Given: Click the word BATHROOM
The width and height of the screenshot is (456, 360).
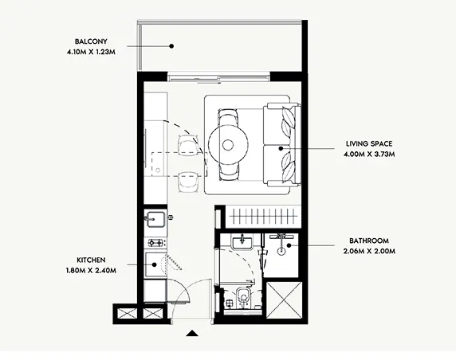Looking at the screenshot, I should tap(368, 241).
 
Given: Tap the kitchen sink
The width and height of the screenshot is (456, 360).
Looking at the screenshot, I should tap(155, 217).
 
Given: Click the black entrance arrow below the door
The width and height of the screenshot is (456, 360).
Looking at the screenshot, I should tap(192, 333).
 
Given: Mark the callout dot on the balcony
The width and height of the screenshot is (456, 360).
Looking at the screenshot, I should tap(171, 47).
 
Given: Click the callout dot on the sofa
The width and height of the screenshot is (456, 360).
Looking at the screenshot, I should tap(280, 148).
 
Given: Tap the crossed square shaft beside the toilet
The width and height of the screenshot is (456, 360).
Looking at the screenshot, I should tap(284, 300).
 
